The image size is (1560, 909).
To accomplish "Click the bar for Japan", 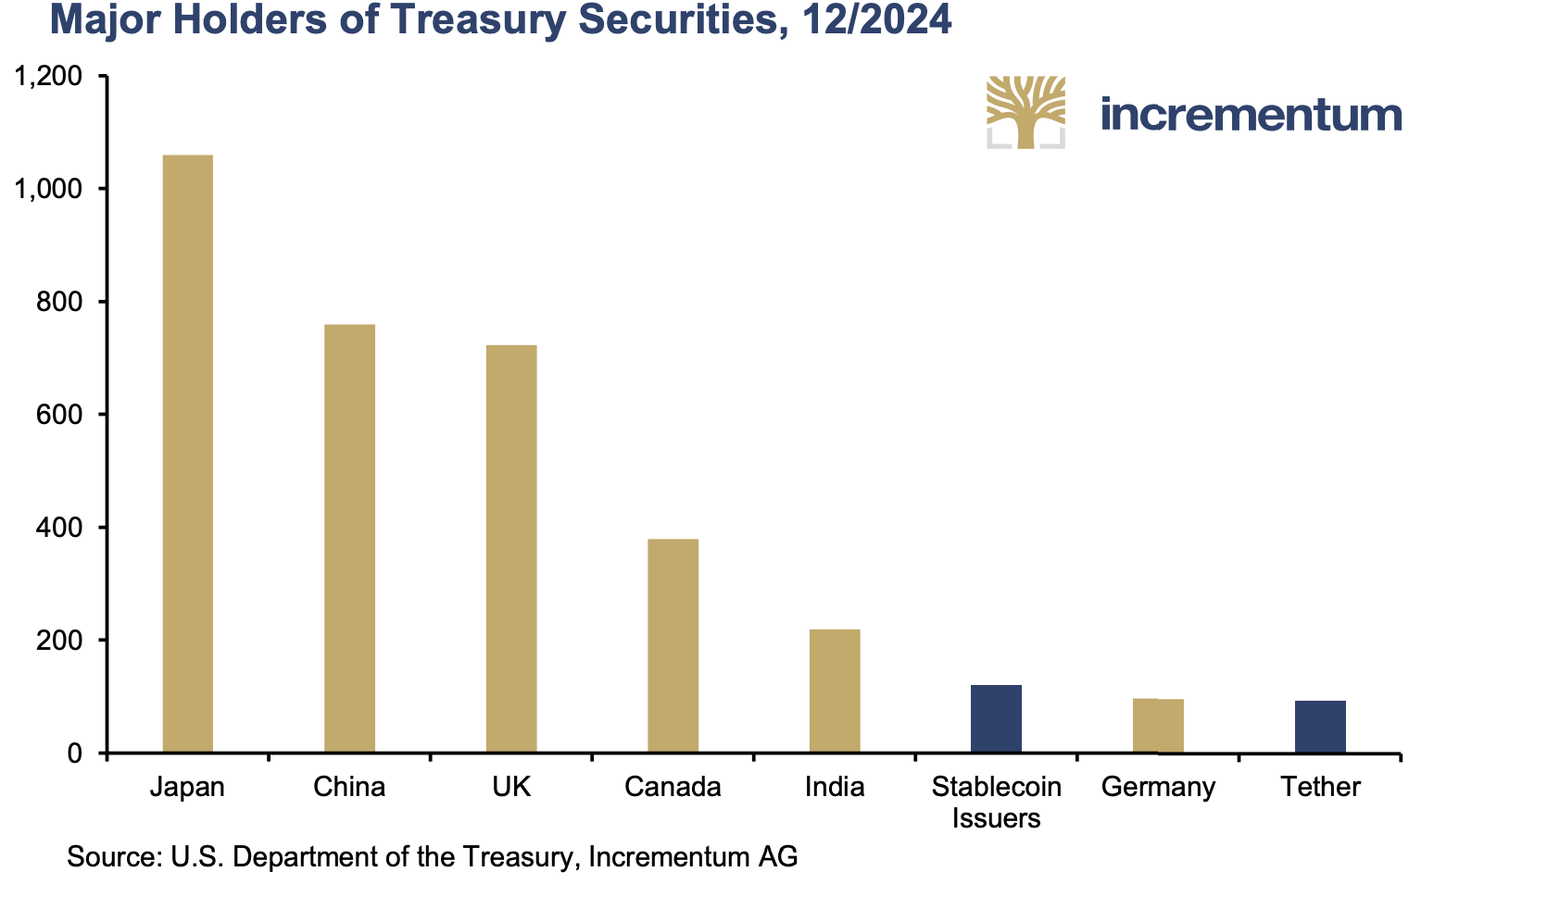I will point(187,454).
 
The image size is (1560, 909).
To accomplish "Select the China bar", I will point(349,538).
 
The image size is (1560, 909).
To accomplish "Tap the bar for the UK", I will point(511,548).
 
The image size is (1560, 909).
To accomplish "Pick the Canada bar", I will point(673,645).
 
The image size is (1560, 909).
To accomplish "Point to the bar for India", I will point(835,691).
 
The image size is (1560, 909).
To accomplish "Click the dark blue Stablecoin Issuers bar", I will point(996,718).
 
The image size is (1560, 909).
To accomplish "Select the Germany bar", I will point(1158,726).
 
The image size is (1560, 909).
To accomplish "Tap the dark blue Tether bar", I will point(1320,727).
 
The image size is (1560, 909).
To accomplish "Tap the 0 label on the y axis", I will point(75,753).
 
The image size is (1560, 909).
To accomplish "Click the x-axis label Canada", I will point(673,787).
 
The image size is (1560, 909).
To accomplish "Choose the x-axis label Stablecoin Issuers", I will point(996,802).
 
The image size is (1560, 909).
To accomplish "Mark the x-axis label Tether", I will point(1320,787).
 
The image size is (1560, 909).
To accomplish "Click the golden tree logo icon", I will point(1025,112).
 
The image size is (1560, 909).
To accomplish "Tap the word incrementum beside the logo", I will point(1251,115).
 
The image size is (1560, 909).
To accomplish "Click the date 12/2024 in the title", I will point(876,20).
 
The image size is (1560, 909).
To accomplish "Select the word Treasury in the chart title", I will point(469,20).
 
